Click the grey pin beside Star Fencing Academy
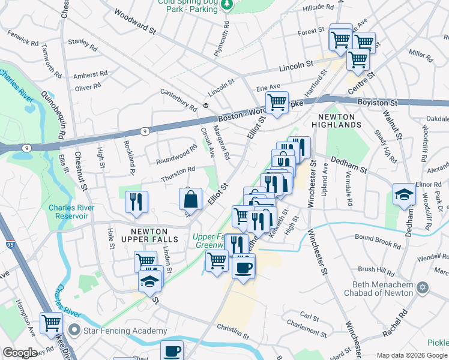[x=74, y=331]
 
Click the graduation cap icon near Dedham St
[x=405, y=194]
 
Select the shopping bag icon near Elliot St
[x=190, y=199]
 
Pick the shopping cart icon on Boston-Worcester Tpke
[x=277, y=102]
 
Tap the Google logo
[x=20, y=352]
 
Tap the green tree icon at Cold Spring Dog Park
[x=227, y=5]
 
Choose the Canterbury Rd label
[x=178, y=100]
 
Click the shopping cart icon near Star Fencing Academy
[x=51, y=322]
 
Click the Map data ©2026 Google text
[x=412, y=355]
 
